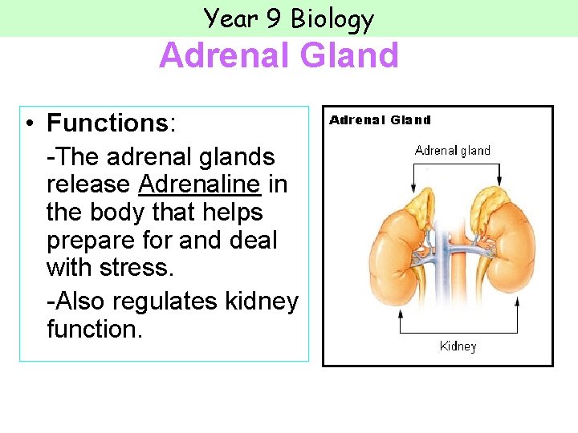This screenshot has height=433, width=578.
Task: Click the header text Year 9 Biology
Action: [288, 18]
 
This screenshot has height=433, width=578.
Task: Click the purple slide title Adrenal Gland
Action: [279, 56]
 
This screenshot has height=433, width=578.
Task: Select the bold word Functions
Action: [107, 123]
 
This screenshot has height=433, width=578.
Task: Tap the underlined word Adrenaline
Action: [199, 184]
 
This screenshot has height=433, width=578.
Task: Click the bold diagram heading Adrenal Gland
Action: [380, 120]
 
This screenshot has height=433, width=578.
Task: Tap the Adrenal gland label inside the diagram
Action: [452, 150]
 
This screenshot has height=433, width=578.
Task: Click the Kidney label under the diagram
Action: [458, 346]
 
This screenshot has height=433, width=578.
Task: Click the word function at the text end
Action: [92, 329]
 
